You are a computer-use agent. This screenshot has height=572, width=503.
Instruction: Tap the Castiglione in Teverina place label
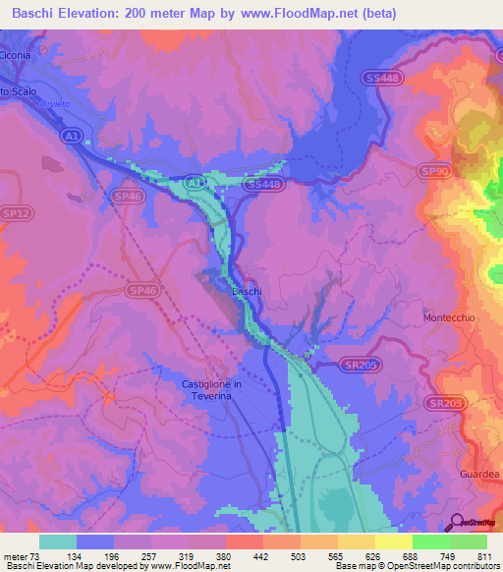[225, 389]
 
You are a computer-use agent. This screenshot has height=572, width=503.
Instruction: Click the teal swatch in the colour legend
[58, 542]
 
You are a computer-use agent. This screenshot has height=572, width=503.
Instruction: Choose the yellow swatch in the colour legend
[393, 542]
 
